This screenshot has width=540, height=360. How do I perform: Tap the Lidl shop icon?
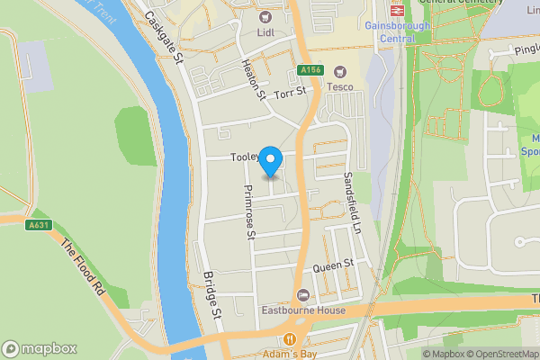tap(265, 16)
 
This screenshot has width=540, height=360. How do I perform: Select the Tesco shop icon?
tap(339, 71)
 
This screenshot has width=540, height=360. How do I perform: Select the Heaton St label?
tap(253, 79)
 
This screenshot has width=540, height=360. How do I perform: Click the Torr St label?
tap(291, 92)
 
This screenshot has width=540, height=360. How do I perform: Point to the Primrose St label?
tap(250, 212)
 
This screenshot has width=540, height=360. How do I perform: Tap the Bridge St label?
tap(211, 296)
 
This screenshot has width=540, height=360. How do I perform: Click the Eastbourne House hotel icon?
tap(303, 295)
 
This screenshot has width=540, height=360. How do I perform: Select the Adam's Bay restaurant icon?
tap(290, 339)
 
